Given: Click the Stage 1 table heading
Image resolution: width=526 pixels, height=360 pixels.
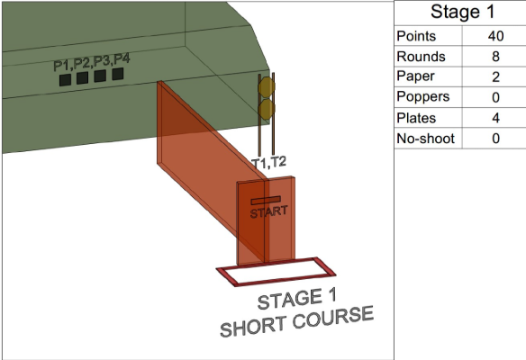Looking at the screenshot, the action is [x=462, y=12].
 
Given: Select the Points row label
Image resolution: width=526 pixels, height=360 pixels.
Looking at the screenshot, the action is [x=416, y=36].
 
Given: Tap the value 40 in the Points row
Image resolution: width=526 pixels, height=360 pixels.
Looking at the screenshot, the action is [x=495, y=36].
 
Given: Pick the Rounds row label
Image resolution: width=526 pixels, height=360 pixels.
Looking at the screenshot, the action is [x=421, y=57].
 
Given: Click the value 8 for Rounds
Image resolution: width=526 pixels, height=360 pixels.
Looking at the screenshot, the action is [x=495, y=57].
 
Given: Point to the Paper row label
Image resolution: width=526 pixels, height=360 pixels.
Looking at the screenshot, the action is [x=415, y=77].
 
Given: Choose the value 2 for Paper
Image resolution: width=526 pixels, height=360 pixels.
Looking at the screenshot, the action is [x=495, y=77].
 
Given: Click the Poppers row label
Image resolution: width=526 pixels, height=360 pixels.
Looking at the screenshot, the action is [x=422, y=97].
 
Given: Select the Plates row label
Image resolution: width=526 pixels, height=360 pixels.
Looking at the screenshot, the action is [x=416, y=118].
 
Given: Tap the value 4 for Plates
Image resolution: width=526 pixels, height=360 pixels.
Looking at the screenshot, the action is [x=495, y=118].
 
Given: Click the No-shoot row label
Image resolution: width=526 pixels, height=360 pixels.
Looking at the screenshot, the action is [x=425, y=139].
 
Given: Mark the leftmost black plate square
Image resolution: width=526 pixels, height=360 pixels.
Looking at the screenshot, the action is [x=65, y=80].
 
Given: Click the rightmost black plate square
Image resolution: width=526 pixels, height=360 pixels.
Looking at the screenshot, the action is [x=118, y=74].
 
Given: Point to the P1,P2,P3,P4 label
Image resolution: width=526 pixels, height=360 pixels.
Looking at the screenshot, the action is [x=92, y=62].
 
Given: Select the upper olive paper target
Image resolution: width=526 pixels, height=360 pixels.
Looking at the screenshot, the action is [x=267, y=87].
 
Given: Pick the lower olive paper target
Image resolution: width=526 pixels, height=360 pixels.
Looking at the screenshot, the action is [x=267, y=109].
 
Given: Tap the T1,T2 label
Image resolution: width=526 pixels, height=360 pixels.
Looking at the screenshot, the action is [x=268, y=163].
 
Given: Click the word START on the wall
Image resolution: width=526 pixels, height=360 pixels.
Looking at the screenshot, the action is [x=268, y=212].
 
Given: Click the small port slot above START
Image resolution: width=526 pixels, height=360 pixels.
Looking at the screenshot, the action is [x=266, y=201].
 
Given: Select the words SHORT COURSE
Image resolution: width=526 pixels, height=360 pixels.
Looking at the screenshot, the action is [x=296, y=321].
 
